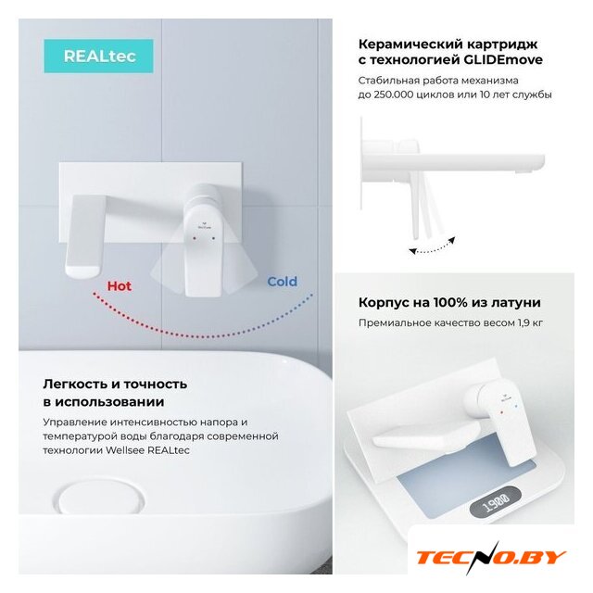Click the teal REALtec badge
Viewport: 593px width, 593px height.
click(99, 56)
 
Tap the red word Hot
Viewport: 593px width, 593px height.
click(120, 286)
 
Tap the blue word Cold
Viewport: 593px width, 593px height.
click(282, 282)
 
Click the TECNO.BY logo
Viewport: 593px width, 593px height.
click(492, 558)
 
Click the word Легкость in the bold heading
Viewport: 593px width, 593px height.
click(75, 385)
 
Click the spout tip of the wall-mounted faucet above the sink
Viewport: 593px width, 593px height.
click(83, 271)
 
